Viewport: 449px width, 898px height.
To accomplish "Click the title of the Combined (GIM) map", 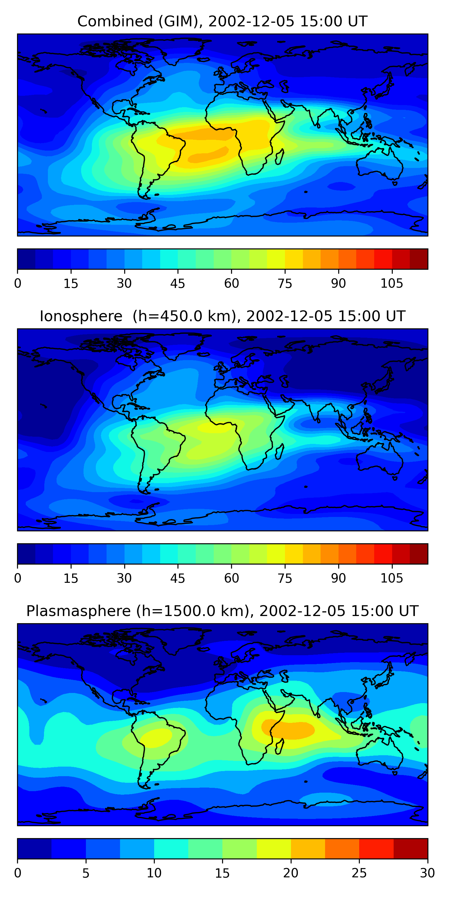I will (222, 22).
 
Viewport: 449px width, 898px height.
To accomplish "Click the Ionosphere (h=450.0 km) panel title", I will (222, 316).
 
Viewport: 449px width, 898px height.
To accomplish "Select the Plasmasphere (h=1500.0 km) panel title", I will (222, 611).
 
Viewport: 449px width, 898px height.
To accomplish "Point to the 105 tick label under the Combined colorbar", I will (392, 283).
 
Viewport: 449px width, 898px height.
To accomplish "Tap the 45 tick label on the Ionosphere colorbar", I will (178, 578).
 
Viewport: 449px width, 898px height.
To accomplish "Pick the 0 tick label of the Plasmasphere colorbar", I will (18, 873).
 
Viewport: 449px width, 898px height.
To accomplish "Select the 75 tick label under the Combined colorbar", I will (285, 283).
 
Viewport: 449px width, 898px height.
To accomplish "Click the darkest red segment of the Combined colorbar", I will (419, 259).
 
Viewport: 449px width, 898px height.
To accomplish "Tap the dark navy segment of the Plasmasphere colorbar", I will (34, 849).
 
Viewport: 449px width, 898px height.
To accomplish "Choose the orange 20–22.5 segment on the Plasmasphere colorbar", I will (308, 849).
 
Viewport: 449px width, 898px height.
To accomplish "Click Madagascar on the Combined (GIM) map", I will (280, 157).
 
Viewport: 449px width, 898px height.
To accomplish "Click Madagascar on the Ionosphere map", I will (280, 452).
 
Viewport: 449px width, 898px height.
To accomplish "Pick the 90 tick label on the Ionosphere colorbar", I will (338, 578).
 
